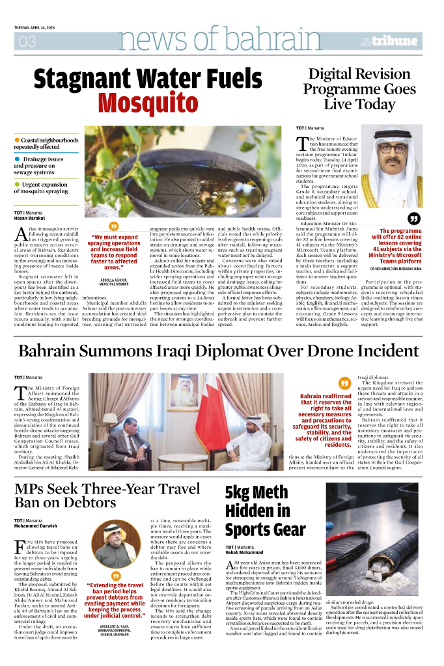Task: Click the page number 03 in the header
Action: tap(27, 42)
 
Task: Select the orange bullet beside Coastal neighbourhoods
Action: tap(17, 140)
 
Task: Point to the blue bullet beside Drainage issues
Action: tap(17, 159)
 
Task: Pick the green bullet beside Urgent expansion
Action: tap(17, 185)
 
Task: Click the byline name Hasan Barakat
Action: tap(30, 219)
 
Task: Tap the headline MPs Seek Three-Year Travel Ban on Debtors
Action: tap(107, 495)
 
